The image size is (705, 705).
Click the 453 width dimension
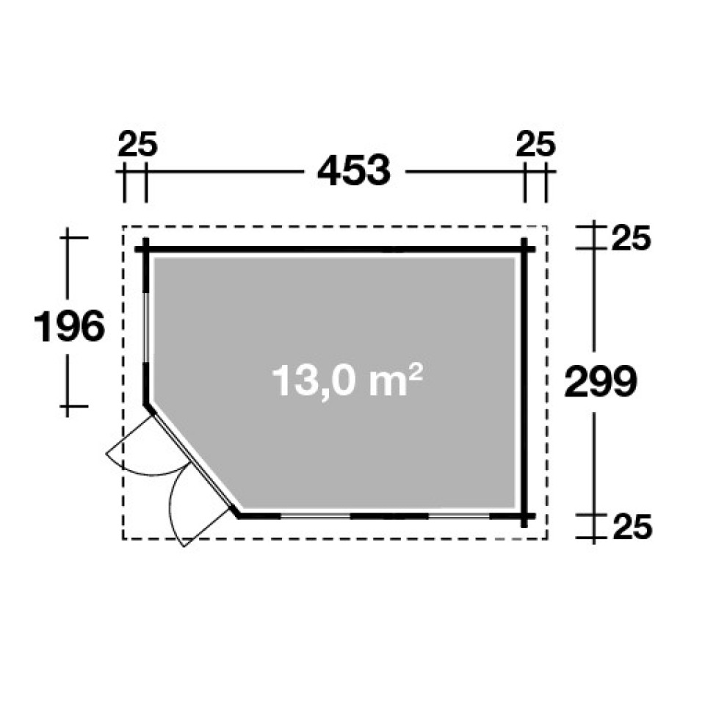[354, 170]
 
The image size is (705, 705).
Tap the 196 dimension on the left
[69, 326]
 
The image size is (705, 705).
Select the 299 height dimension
[601, 381]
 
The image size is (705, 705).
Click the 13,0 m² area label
[347, 380]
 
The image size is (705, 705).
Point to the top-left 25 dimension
[137, 144]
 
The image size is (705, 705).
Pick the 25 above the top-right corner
[536, 144]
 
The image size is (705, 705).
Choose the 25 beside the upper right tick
[632, 238]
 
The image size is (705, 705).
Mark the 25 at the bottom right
[632, 527]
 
